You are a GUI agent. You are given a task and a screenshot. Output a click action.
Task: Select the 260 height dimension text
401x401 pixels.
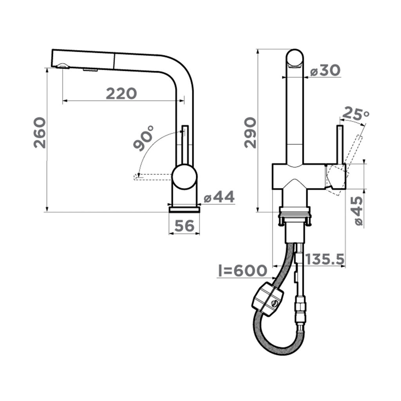click(40, 132)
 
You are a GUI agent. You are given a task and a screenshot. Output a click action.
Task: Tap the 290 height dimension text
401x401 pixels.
click(250, 132)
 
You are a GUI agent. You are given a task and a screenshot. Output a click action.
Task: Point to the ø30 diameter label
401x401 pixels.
click(325, 70)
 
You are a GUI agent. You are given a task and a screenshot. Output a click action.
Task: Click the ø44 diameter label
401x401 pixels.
click(219, 197)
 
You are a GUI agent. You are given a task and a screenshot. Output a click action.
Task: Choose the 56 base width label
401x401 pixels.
click(184, 226)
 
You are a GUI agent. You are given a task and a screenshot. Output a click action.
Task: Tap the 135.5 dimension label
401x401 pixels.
click(325, 259)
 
